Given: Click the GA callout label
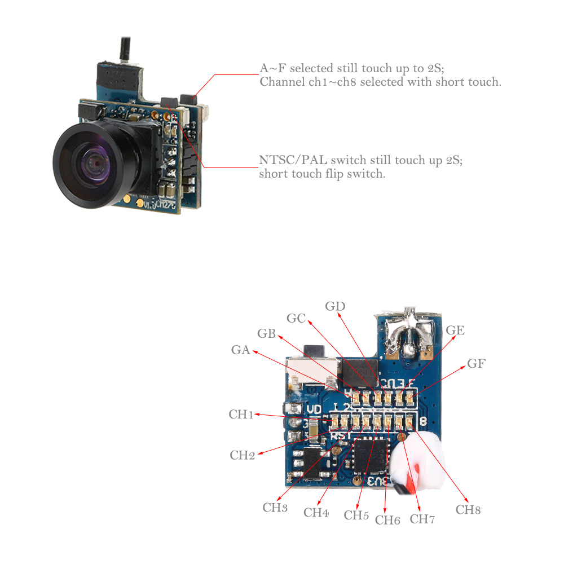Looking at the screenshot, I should point(240,350).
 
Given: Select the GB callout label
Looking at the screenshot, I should point(266,333).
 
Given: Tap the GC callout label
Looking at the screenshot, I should point(296,319).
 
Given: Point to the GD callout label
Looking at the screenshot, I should point(335,306).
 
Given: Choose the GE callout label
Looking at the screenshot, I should point(455,331).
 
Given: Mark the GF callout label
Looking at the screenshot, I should point(476,364).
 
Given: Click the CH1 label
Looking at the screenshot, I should point(241,415).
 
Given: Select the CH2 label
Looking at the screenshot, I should point(243,455).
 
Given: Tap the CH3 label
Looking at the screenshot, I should point(275,507).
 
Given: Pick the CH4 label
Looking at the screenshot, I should point(316,513).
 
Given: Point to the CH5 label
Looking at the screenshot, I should point(356,515).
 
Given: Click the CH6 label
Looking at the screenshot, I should point(387,519).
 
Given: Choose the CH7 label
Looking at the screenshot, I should point(422,519).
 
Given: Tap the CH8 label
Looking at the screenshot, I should point(468,510).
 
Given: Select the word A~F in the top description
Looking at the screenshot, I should point(273,68).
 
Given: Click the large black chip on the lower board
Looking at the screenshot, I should point(370,456).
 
